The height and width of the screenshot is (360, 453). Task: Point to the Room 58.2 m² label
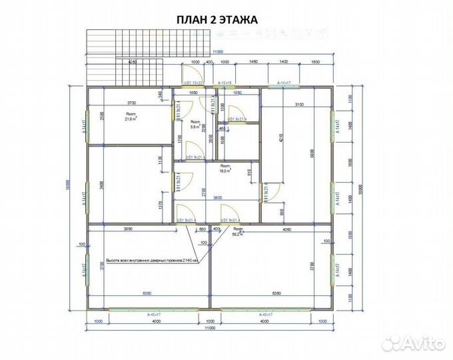pos(236,233)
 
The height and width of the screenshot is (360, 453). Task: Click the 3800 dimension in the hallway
pos(217,197)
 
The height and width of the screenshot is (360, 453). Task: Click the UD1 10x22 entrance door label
pos(193,83)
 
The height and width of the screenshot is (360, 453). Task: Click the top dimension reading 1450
pos(253,61)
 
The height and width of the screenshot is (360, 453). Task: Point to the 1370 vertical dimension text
pos(161,205)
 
